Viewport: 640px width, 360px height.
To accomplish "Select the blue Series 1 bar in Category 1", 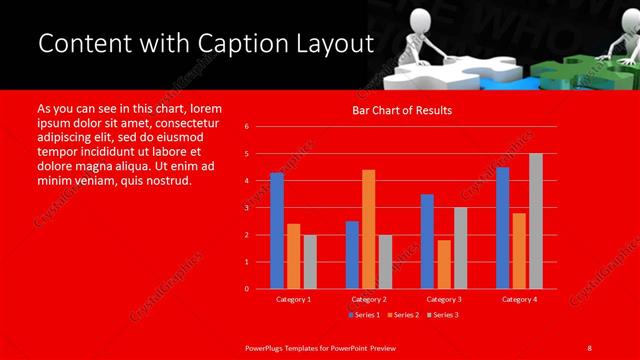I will pyautogui.click(x=277, y=231).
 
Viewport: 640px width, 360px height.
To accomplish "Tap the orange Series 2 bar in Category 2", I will pyautogui.click(x=368, y=229).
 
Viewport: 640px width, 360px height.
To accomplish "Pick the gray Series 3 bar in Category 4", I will pyautogui.click(x=535, y=221).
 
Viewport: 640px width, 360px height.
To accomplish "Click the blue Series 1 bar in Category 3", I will pyautogui.click(x=427, y=241).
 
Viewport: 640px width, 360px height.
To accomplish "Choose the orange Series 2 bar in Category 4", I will pyautogui.click(x=519, y=250).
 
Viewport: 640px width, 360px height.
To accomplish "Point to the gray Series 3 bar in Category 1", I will pyautogui.click(x=309, y=261).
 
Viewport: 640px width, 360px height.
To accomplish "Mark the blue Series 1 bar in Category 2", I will pyautogui.click(x=352, y=254).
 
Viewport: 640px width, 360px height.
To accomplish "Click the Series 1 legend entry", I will pyautogui.click(x=363, y=315).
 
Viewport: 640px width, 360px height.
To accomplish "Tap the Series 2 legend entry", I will pyautogui.click(x=403, y=315).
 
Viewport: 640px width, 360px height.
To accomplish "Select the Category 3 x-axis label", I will pyautogui.click(x=443, y=299).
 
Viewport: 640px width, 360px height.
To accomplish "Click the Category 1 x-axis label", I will pyautogui.click(x=293, y=299).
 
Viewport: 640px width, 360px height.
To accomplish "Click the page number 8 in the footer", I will pyautogui.click(x=589, y=347).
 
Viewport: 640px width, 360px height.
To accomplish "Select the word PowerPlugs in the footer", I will pyautogui.click(x=266, y=347).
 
